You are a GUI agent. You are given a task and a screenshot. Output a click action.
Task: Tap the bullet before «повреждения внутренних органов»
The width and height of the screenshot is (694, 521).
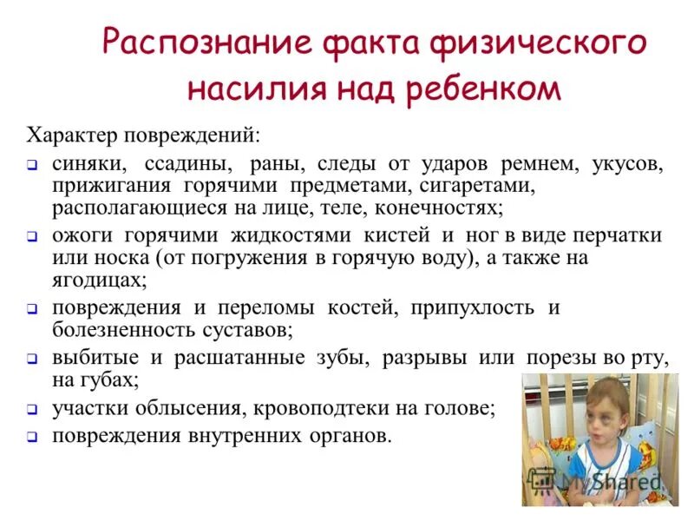tap(30, 437)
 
